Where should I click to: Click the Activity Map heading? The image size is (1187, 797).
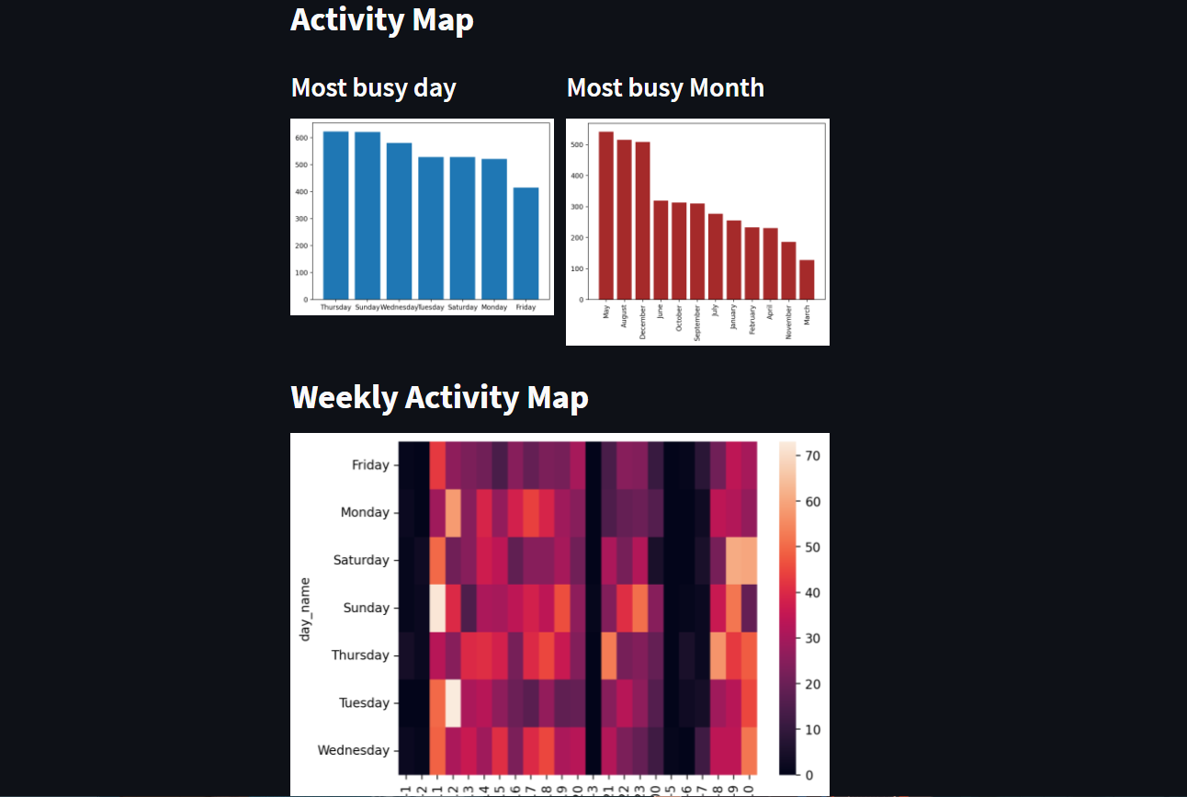[382, 19]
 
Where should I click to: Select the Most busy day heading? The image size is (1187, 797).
[373, 87]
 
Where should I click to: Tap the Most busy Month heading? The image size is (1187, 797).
[665, 87]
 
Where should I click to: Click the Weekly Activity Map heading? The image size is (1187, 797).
[439, 397]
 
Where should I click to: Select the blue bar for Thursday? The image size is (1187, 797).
[335, 215]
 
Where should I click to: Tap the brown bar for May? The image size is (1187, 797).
[606, 215]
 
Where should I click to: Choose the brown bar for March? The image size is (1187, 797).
[807, 279]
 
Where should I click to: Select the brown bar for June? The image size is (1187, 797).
[661, 249]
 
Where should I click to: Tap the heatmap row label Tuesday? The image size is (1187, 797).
[365, 702]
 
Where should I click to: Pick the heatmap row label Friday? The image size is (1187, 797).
[371, 465]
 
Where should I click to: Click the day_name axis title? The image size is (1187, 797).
[305, 609]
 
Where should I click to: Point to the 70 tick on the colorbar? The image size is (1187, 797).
[813, 456]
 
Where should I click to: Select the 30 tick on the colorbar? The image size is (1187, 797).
[813, 638]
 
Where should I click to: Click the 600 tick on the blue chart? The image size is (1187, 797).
[301, 138]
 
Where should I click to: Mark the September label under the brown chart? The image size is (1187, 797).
[697, 324]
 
